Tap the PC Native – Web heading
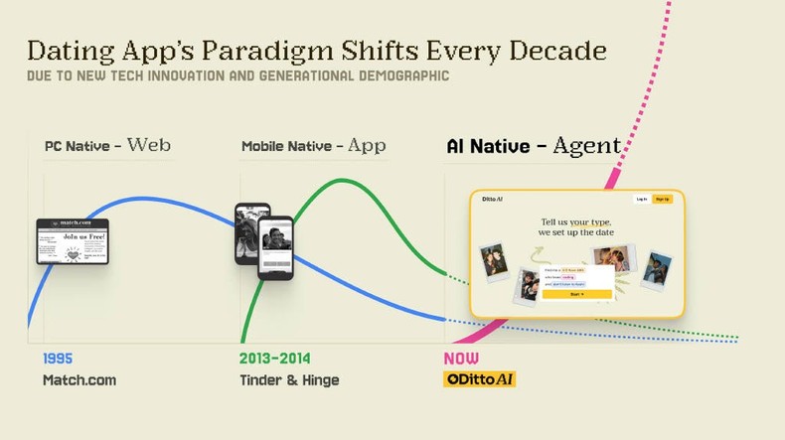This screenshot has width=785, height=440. coord(107,146)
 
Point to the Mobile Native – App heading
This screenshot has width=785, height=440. coord(313,146)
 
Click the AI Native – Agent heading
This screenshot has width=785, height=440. coord(533,147)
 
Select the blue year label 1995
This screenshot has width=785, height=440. coord(58,359)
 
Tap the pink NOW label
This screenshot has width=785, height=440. coord(461,359)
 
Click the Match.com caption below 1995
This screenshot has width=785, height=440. coord(79,380)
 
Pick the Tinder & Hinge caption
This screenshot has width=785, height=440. coord(289,380)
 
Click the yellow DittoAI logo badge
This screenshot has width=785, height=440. coord(479,379)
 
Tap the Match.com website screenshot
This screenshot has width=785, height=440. coord(73,241)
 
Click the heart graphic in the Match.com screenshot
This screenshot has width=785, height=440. coord(73,254)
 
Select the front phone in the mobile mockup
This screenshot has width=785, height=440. coord(275,247)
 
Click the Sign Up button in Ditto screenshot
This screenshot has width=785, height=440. coord(662,200)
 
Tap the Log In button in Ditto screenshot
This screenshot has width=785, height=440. coord(642,200)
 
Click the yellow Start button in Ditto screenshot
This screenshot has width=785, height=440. coord(576,294)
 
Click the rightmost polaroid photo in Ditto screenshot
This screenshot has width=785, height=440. coord(656,267)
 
